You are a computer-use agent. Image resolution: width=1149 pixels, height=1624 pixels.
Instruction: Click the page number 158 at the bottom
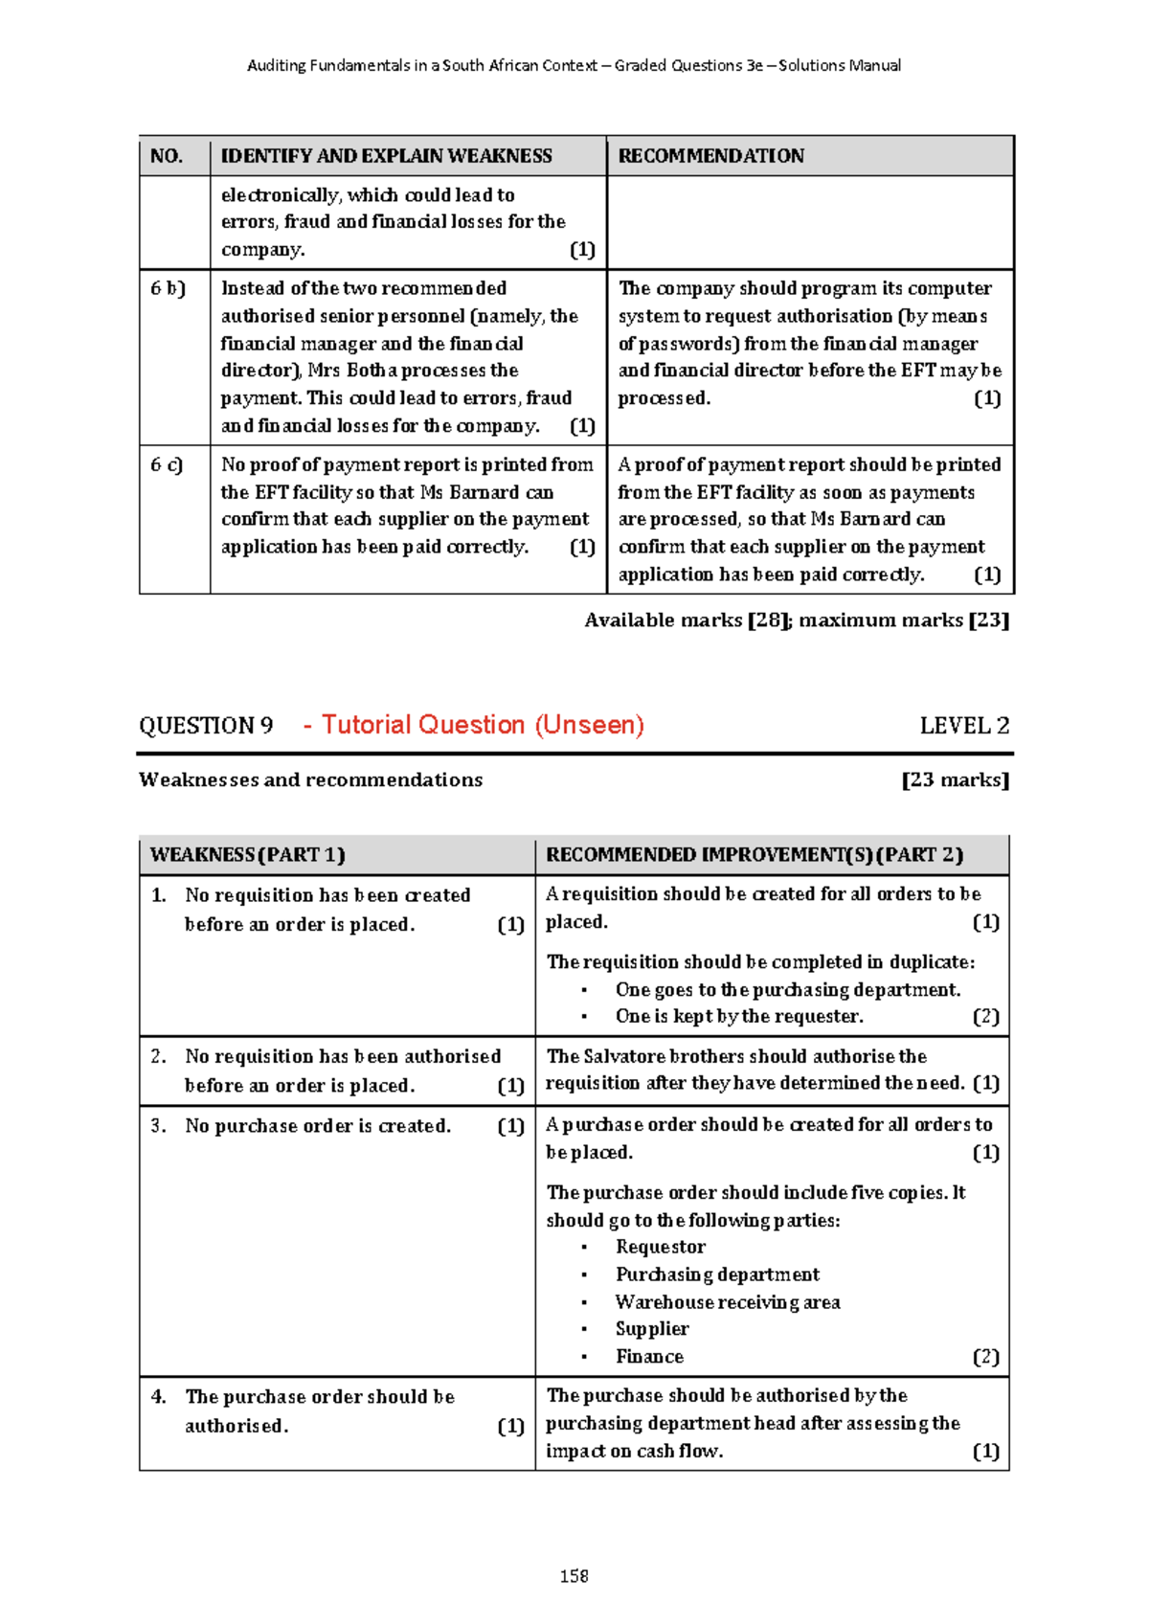(x=574, y=1575)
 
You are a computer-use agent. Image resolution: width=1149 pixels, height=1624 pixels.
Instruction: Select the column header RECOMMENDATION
(x=710, y=156)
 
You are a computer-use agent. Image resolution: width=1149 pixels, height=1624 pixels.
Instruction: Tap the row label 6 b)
(x=168, y=288)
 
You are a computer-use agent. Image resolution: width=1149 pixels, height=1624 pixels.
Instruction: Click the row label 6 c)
(x=167, y=464)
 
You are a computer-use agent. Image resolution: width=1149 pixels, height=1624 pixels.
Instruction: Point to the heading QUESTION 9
(x=206, y=726)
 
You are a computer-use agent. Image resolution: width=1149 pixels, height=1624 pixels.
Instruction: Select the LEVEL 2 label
(x=963, y=726)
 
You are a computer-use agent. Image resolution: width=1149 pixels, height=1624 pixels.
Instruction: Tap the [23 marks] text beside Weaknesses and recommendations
(x=955, y=780)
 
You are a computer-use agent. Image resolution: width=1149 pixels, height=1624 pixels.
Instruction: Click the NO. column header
(x=167, y=156)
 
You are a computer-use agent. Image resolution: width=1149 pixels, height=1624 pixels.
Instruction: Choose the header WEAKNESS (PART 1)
(x=247, y=855)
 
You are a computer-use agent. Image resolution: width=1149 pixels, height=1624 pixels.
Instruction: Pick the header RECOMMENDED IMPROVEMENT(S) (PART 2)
(x=755, y=855)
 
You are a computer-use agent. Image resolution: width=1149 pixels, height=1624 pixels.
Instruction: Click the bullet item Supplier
(x=652, y=1329)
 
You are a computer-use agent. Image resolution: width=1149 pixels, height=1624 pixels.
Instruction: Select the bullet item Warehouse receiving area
(x=728, y=1302)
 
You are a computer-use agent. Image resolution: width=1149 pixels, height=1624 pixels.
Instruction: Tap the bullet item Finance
(x=649, y=1357)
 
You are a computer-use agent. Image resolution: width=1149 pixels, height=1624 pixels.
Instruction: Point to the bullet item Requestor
(x=660, y=1247)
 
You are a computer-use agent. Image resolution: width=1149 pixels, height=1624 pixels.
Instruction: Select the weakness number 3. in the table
(x=158, y=1126)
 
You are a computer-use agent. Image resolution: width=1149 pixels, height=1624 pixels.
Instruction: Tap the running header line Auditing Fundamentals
(x=574, y=65)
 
